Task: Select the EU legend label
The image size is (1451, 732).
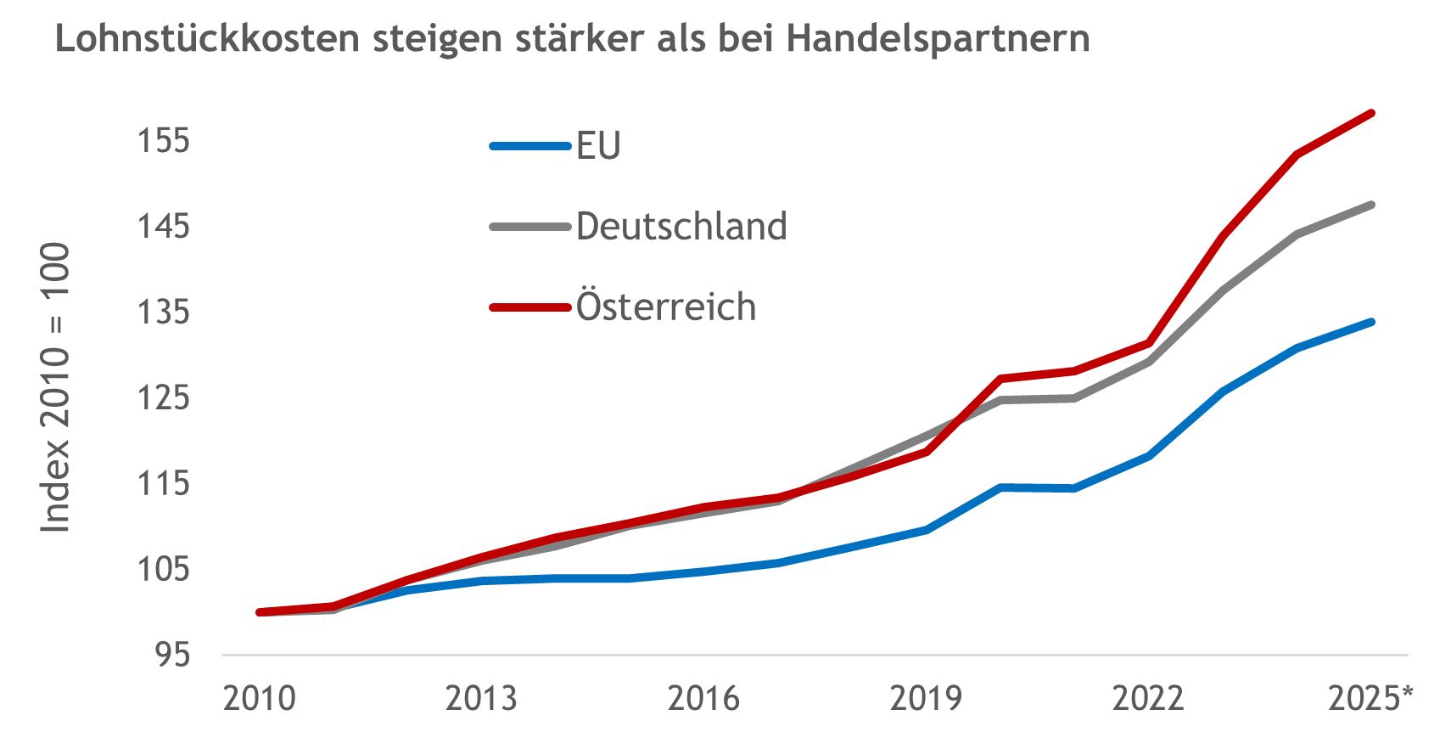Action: (598, 146)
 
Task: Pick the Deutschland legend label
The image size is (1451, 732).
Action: (681, 227)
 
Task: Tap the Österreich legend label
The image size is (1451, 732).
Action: (666, 307)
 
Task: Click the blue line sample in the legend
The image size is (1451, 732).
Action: (529, 146)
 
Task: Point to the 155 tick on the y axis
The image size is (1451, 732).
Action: (164, 141)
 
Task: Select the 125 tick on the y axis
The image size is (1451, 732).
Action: (164, 397)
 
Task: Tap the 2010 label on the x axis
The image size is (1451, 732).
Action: (260, 698)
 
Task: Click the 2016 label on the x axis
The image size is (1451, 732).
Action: (703, 698)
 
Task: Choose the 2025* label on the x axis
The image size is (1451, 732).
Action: (1370, 698)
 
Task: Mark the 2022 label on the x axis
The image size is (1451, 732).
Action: (1148, 698)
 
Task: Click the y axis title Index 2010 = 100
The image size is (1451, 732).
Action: (56, 387)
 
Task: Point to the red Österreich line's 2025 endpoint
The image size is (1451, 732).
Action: (1371, 113)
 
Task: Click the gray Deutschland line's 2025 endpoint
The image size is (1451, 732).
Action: (1371, 205)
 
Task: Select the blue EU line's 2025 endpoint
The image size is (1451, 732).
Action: (1371, 322)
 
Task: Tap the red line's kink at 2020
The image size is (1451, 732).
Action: (1001, 378)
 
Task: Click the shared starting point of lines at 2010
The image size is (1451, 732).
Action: (260, 611)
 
